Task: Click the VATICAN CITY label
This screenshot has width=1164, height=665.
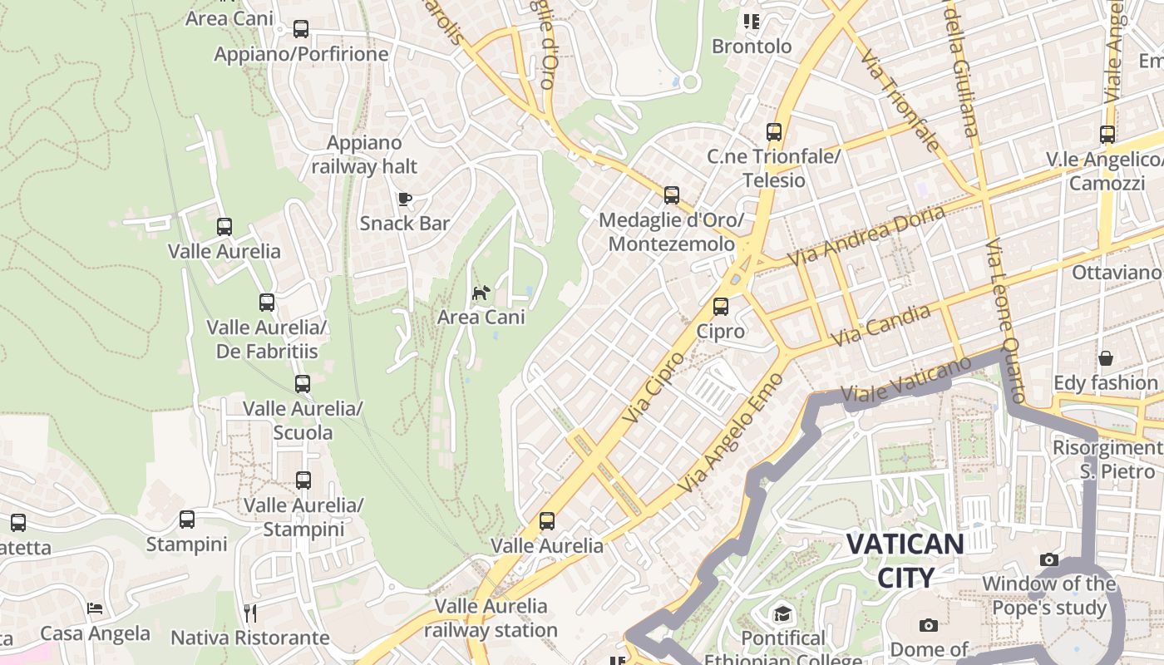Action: (905, 560)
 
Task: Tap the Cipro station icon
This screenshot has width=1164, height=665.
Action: (721, 307)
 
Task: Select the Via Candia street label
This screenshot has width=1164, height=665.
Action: (880, 326)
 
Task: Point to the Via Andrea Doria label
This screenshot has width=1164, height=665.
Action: (866, 236)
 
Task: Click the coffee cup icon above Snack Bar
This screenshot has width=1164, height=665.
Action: (404, 199)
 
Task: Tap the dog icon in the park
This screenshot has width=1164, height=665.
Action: (481, 293)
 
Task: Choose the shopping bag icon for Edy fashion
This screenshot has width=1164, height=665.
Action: (1106, 358)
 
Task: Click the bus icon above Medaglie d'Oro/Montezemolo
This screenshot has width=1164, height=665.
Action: (672, 195)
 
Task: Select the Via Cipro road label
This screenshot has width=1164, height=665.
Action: (654, 387)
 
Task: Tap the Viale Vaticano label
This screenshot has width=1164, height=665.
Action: (906, 382)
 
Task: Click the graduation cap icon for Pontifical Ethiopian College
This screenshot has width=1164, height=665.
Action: (782, 614)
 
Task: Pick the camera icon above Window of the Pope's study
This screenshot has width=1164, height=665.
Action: (1049, 559)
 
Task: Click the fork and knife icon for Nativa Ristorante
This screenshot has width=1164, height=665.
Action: (250, 613)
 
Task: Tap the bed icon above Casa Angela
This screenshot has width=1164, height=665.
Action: (96, 608)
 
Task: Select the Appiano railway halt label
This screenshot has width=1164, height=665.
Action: (364, 155)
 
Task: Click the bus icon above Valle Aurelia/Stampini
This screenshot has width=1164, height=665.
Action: (303, 480)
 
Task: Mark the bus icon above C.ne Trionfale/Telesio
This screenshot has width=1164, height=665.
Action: (774, 131)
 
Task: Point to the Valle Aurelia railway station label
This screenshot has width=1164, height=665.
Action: (491, 618)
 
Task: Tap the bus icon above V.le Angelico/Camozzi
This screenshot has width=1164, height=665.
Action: (1107, 135)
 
